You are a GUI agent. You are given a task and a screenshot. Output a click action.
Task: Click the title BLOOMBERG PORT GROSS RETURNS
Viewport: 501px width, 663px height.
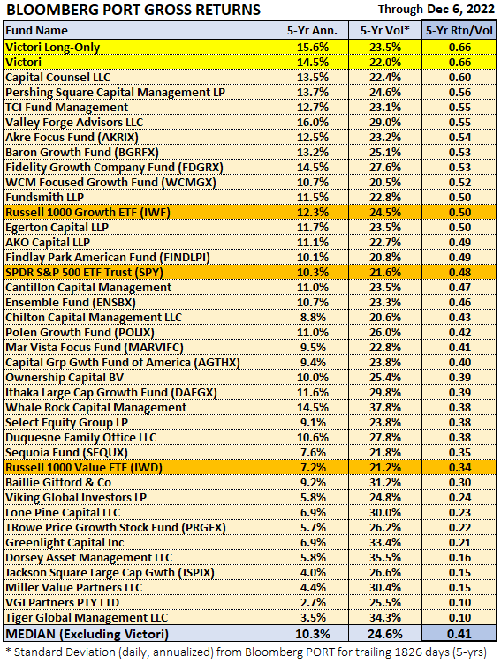pyautogui.click(x=133, y=10)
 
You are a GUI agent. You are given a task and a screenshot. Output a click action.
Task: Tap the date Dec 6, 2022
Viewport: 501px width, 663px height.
pyautogui.click(x=459, y=10)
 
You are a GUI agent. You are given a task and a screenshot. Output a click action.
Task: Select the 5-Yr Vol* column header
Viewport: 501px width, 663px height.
pyautogui.click(x=385, y=30)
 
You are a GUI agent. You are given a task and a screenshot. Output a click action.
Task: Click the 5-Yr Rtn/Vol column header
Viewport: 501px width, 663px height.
pyautogui.click(x=459, y=30)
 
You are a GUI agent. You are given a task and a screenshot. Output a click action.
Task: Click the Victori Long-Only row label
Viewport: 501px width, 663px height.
pyautogui.click(x=52, y=48)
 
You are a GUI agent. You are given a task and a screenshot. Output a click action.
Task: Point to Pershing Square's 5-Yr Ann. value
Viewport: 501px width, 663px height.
pyautogui.click(x=313, y=93)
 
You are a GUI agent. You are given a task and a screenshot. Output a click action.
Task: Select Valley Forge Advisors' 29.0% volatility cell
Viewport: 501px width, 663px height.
pyautogui.click(x=385, y=123)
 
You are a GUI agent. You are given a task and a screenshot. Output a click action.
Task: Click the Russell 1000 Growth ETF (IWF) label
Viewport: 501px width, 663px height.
pyautogui.click(x=87, y=213)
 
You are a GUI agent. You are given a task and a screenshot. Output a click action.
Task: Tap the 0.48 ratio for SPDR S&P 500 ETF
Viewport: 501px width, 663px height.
pyautogui.click(x=459, y=273)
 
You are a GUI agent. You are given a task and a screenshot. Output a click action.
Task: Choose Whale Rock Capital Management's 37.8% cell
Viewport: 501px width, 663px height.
pyautogui.click(x=385, y=408)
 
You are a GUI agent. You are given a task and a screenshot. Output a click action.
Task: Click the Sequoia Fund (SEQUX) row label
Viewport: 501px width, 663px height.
pyautogui.click(x=66, y=453)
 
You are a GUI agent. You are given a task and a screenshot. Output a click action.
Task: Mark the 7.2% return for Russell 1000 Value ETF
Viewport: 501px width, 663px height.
pyautogui.click(x=313, y=468)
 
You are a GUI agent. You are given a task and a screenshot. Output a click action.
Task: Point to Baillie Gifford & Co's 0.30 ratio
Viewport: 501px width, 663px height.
pyautogui.click(x=459, y=483)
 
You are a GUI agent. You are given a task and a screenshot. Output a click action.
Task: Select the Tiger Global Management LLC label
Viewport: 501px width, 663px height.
pyautogui.click(x=87, y=618)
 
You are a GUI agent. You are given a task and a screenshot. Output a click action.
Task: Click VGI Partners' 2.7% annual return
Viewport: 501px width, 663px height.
pyautogui.click(x=313, y=603)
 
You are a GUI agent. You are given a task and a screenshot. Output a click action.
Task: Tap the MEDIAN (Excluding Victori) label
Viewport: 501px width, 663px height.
pyautogui.click(x=87, y=634)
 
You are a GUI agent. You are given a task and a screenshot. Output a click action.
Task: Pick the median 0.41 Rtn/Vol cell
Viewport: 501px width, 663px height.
pyautogui.click(x=459, y=634)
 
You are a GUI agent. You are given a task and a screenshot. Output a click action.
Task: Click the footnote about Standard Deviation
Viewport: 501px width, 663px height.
pyautogui.click(x=246, y=652)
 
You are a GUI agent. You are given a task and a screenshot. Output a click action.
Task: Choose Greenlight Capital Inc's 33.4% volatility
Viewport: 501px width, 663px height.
pyautogui.click(x=385, y=543)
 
